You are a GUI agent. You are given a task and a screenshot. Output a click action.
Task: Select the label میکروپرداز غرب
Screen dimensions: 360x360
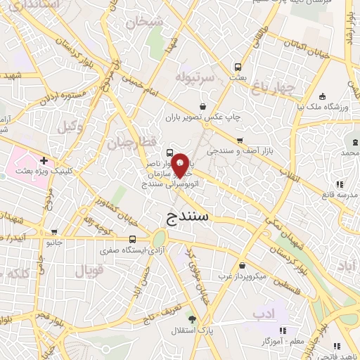coord(243,276)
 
